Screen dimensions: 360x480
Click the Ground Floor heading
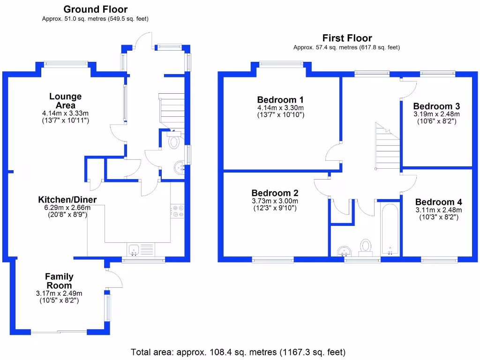[95, 9]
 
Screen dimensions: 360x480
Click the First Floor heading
[347, 38]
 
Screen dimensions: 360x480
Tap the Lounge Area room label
[66, 101]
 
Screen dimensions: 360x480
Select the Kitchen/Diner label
[67, 200]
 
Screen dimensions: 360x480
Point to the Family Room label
[59, 281]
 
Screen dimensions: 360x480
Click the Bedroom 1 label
[280, 99]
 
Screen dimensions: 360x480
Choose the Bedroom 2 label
[275, 193]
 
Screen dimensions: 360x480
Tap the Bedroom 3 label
[436, 106]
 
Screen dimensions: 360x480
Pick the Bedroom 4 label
[438, 202]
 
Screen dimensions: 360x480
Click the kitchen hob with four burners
[178, 211]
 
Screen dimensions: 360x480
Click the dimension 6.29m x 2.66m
[64, 208]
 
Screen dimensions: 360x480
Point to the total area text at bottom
[238, 352]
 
